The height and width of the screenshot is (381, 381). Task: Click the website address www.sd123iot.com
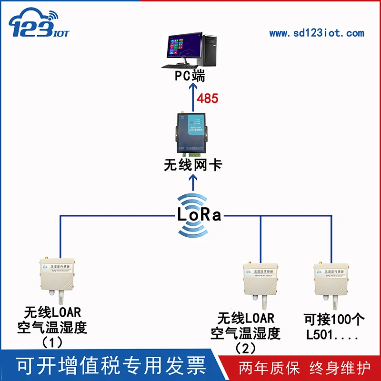coord(316,33)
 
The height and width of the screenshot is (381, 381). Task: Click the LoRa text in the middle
coord(199,215)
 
